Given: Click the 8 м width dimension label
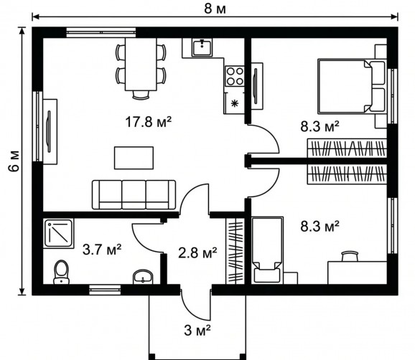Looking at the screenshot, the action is (x=215, y=9).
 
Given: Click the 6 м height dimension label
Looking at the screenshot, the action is (x=14, y=161).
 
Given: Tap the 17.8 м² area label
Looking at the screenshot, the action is (x=148, y=122).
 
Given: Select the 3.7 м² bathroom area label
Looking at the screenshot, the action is (x=102, y=250).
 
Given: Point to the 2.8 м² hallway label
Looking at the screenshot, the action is (x=197, y=252).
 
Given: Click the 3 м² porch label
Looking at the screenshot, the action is (x=197, y=330).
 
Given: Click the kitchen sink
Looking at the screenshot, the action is (x=202, y=47).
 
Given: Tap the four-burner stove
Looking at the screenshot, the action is (x=235, y=76).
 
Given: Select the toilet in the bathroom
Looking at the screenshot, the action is (x=62, y=273).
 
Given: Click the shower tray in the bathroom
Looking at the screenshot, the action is (x=58, y=233).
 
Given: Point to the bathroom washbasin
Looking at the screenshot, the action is (x=143, y=277).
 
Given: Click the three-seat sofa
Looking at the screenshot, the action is (x=134, y=195).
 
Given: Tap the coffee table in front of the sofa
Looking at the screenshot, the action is (x=134, y=158).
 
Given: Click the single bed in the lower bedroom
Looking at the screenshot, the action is (x=267, y=250).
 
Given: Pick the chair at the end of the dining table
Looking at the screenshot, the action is (x=141, y=95).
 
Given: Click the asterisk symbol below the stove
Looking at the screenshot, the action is (x=234, y=103).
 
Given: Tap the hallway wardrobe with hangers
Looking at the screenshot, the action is (x=235, y=251).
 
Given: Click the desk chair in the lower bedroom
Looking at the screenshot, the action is (x=350, y=256).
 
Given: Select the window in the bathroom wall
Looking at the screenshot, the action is (x=105, y=290).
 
